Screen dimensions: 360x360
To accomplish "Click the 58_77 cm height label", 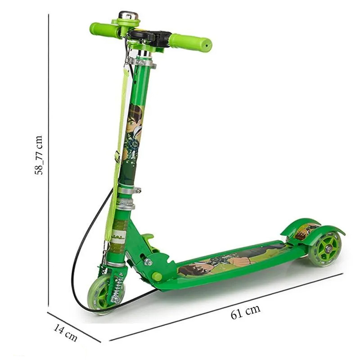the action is click(x=39, y=155).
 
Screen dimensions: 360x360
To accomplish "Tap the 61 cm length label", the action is click(x=245, y=312).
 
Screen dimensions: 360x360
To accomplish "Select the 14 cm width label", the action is click(x=65, y=333).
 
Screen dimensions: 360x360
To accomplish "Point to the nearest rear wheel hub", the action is click(x=329, y=249).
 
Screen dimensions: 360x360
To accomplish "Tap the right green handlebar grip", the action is click(x=190, y=42).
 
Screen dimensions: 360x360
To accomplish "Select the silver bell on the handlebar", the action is click(x=128, y=16).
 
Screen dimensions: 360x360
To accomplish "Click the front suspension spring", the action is click(x=117, y=288).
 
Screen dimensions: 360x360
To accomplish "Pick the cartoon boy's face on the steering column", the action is click(x=134, y=118).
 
